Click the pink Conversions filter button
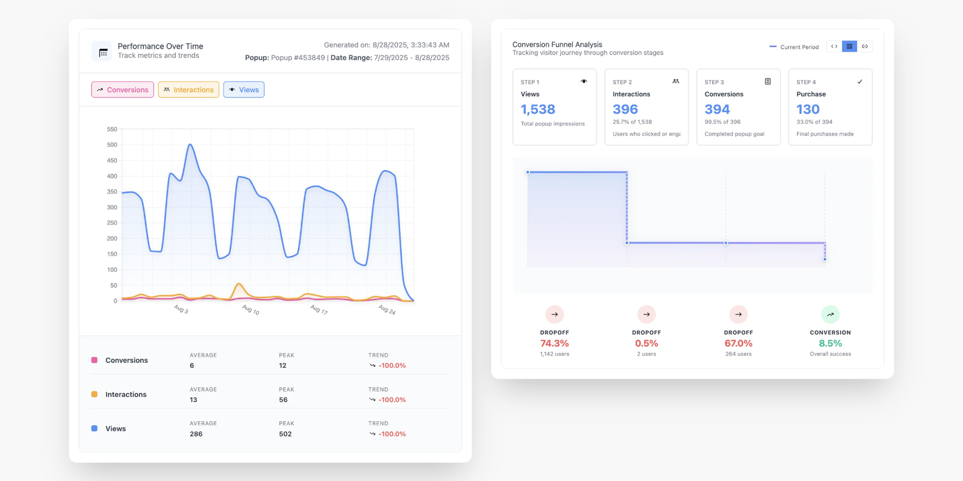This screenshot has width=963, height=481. pyautogui.click(x=123, y=90)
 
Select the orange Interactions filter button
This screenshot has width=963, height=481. pyautogui.click(x=188, y=90)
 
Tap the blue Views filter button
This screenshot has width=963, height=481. pyautogui.click(x=244, y=90)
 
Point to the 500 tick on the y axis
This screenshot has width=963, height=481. pyautogui.click(x=112, y=145)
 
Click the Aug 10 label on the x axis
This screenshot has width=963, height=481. pyautogui.click(x=250, y=310)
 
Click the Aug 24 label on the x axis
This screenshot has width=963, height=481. pyautogui.click(x=387, y=310)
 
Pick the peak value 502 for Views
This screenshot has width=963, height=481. pyautogui.click(x=285, y=434)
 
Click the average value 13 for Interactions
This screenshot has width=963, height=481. pyautogui.click(x=193, y=400)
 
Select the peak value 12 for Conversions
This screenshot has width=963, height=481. pyautogui.click(x=283, y=366)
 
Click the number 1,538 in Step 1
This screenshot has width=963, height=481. pyautogui.click(x=538, y=109)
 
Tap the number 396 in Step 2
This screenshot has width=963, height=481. pyautogui.click(x=625, y=109)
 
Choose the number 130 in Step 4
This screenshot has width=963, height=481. pyautogui.click(x=808, y=109)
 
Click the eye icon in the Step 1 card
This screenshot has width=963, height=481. pyautogui.click(x=584, y=82)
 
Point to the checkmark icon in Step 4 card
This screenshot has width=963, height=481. pyautogui.click(x=859, y=82)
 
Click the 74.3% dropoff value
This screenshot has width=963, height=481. pyautogui.click(x=554, y=343)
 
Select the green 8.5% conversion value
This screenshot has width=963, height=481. pyautogui.click(x=830, y=343)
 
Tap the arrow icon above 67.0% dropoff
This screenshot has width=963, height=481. pyautogui.click(x=739, y=314)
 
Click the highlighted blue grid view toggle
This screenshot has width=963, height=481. pyautogui.click(x=849, y=46)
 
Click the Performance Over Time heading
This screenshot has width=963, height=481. pyautogui.click(x=160, y=46)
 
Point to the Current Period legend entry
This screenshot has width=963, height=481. pyautogui.click(x=794, y=47)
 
